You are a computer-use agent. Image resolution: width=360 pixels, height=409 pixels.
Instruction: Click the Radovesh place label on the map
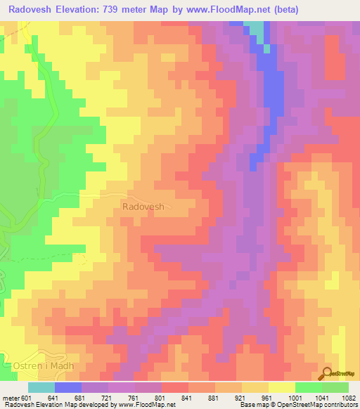[143, 207]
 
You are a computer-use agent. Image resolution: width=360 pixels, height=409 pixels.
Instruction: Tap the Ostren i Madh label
[44, 367]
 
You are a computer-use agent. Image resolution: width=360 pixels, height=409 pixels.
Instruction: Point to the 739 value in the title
[134, 9]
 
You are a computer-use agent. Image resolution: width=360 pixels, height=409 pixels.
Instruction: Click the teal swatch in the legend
[41, 387]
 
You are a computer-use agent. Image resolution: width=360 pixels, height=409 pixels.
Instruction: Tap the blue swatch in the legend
[67, 387]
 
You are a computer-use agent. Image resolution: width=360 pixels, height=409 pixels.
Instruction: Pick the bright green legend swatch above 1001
[308, 387]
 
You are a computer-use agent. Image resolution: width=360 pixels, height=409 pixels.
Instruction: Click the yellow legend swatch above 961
[281, 387]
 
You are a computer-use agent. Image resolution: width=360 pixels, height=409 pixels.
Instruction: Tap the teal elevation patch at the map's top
[259, 30]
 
